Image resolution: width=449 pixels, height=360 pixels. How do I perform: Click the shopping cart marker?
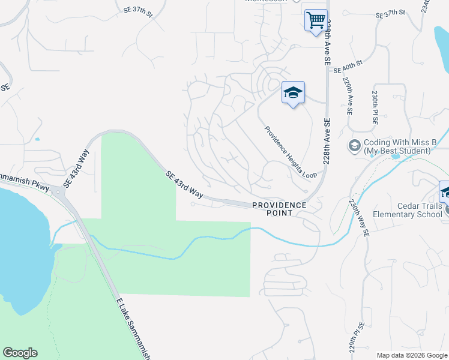[x=315, y=20]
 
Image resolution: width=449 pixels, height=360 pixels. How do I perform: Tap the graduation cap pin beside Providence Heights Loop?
[x=293, y=93]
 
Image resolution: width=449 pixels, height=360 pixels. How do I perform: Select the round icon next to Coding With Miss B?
[x=354, y=146]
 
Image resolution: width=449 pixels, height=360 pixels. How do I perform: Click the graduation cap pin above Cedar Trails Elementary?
[x=445, y=192]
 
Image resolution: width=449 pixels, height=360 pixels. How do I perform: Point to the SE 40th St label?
[x=348, y=63]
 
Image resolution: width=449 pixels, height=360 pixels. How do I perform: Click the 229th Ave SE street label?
[x=347, y=95]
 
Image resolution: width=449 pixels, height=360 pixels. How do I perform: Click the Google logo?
[x=20, y=353]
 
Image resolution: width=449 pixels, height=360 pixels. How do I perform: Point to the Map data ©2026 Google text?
[x=412, y=355]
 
